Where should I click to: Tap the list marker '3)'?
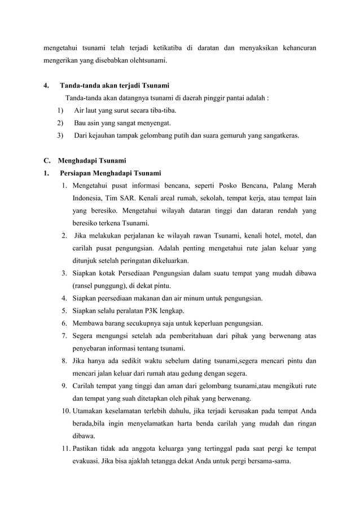click(x=60, y=135)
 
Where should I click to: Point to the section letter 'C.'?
click(x=47, y=160)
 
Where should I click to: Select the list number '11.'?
click(x=65, y=448)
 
